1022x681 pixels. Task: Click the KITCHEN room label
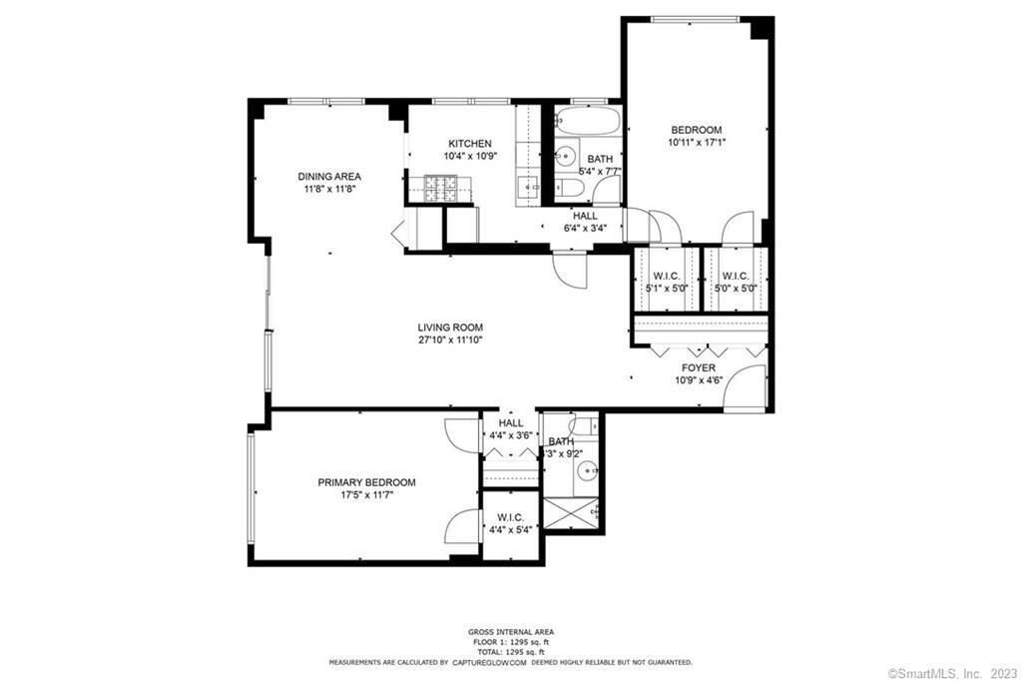468,144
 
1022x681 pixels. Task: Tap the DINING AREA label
329,177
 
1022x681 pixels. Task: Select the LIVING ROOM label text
450,328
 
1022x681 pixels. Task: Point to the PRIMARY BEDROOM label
366,482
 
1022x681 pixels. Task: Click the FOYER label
699,368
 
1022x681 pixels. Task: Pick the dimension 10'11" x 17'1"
697,142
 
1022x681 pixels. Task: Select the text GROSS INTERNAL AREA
511,632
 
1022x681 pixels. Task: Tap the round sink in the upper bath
566,155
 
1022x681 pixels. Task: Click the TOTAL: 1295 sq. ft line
511,651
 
